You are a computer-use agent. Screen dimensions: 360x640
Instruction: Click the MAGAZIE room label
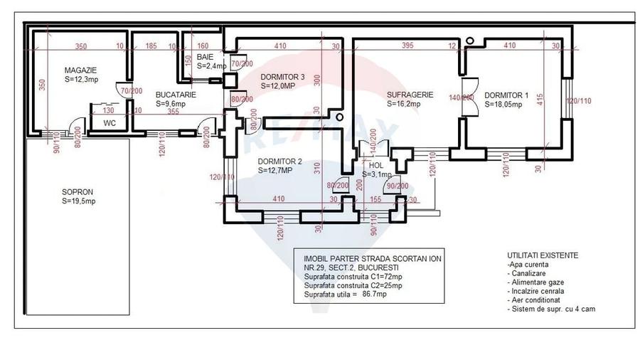(x=80, y=70)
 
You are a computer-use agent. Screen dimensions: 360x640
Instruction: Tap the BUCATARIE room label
(x=175, y=94)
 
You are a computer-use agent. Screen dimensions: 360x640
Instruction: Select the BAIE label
(x=205, y=56)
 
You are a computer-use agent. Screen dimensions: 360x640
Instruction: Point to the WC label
(x=110, y=122)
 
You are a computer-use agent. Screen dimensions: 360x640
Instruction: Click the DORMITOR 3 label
(x=282, y=77)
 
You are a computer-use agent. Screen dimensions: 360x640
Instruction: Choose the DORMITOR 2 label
(x=279, y=161)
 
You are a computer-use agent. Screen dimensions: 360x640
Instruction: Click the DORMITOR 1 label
(x=506, y=95)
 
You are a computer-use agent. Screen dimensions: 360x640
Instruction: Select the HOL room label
(x=375, y=165)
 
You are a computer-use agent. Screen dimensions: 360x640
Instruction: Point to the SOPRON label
(x=78, y=192)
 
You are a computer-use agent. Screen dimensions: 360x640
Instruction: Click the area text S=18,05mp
(x=503, y=104)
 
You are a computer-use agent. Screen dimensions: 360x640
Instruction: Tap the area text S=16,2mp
(x=403, y=103)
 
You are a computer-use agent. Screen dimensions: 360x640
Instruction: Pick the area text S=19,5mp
(x=78, y=201)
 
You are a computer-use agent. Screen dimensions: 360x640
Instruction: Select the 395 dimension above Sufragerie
(x=407, y=46)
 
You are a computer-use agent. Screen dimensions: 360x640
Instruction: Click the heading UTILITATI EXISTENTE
(x=542, y=255)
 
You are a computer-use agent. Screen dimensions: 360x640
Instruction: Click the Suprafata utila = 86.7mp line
(x=345, y=294)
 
